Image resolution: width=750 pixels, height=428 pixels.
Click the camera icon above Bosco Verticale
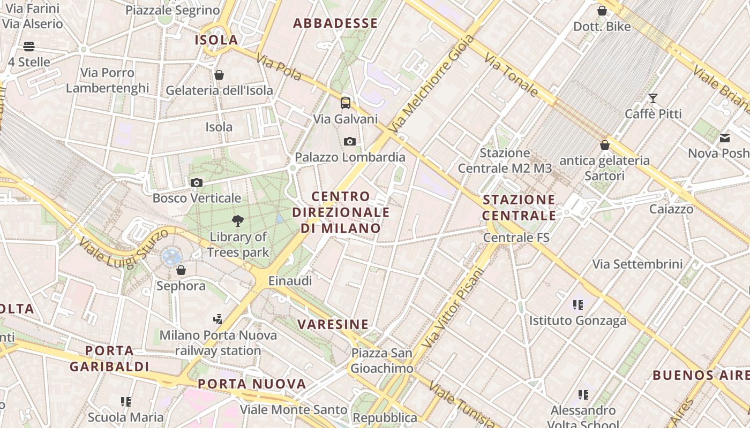(x=197, y=183)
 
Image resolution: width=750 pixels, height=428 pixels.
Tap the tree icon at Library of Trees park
(x=238, y=220)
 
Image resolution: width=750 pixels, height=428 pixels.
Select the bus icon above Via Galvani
(x=346, y=103)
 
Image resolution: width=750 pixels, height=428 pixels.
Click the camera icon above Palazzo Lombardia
(x=350, y=141)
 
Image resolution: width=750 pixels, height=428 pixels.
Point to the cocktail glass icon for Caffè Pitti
(x=653, y=98)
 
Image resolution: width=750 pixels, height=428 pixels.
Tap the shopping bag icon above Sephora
(x=181, y=270)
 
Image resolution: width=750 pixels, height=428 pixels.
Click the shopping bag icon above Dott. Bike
(x=602, y=11)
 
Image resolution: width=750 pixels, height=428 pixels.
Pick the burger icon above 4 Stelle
(x=29, y=47)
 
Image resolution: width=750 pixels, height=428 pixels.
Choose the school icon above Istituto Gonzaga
(x=577, y=305)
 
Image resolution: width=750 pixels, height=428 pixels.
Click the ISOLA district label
(x=216, y=40)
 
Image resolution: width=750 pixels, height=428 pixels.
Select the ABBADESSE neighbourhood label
(x=335, y=23)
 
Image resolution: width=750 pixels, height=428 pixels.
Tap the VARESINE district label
(x=333, y=324)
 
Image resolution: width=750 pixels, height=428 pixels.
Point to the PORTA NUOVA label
(x=252, y=384)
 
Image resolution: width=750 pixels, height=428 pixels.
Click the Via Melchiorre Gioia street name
(x=433, y=84)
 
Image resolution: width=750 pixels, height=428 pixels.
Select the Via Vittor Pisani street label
(x=453, y=308)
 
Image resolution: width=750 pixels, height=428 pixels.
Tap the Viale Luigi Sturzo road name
(x=123, y=247)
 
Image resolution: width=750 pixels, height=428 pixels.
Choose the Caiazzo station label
(x=671, y=209)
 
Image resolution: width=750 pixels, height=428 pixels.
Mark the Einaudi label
(x=290, y=280)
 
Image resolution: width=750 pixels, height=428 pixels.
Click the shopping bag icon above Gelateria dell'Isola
(x=219, y=75)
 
